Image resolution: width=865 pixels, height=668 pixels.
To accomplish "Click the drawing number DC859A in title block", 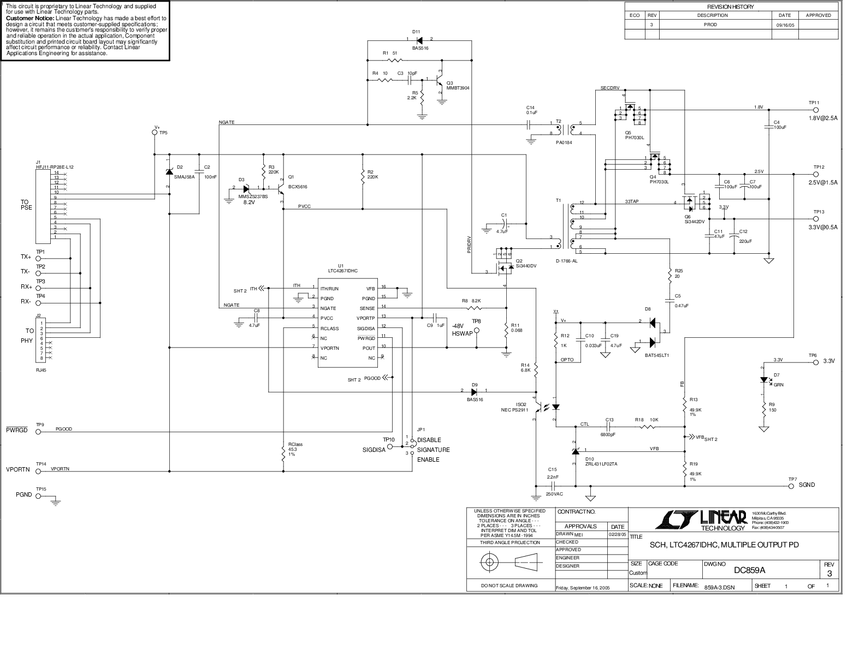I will (x=749, y=570).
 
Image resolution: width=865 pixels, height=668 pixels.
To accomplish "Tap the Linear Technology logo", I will (x=701, y=520).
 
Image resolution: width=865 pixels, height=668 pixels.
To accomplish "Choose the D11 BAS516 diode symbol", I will (x=419, y=39).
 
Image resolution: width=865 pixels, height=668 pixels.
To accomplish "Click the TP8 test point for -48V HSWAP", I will (x=476, y=331).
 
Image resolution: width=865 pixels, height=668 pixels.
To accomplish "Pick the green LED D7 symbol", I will (x=764, y=380).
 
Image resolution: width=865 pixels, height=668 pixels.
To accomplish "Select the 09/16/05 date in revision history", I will (x=784, y=25).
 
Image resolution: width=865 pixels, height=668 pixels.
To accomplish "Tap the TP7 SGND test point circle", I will (x=792, y=485).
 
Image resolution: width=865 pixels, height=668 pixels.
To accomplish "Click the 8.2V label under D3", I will (x=250, y=202).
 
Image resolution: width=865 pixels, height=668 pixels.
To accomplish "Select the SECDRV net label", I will (x=609, y=88).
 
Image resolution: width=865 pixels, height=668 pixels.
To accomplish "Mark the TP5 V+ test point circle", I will (x=155, y=133).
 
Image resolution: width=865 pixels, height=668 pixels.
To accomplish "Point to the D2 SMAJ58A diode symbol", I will (x=169, y=171).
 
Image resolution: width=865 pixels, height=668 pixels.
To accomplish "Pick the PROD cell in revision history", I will (x=710, y=25).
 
